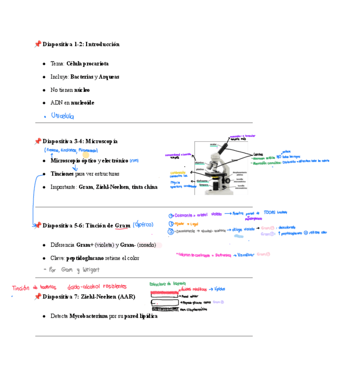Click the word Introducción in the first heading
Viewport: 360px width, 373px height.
click(x=102, y=44)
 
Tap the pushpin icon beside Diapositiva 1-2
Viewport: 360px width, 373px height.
click(x=38, y=44)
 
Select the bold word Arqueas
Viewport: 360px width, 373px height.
click(x=109, y=77)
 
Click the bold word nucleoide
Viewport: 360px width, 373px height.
click(x=83, y=103)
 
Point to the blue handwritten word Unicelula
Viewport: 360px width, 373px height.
click(x=62, y=116)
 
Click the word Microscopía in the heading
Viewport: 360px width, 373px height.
click(x=102, y=142)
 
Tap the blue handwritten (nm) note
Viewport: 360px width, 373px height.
click(x=134, y=161)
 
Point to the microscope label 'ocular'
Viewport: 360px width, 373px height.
click(x=213, y=144)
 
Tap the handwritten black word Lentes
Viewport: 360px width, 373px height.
click(x=258, y=154)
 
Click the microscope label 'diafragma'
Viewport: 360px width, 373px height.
click(x=202, y=180)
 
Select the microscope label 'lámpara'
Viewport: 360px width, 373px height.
click(x=204, y=185)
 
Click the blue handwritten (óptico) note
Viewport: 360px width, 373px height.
click(x=143, y=225)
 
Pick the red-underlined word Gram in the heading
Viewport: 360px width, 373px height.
click(x=123, y=226)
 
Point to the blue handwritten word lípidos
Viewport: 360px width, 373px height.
click(x=220, y=289)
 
